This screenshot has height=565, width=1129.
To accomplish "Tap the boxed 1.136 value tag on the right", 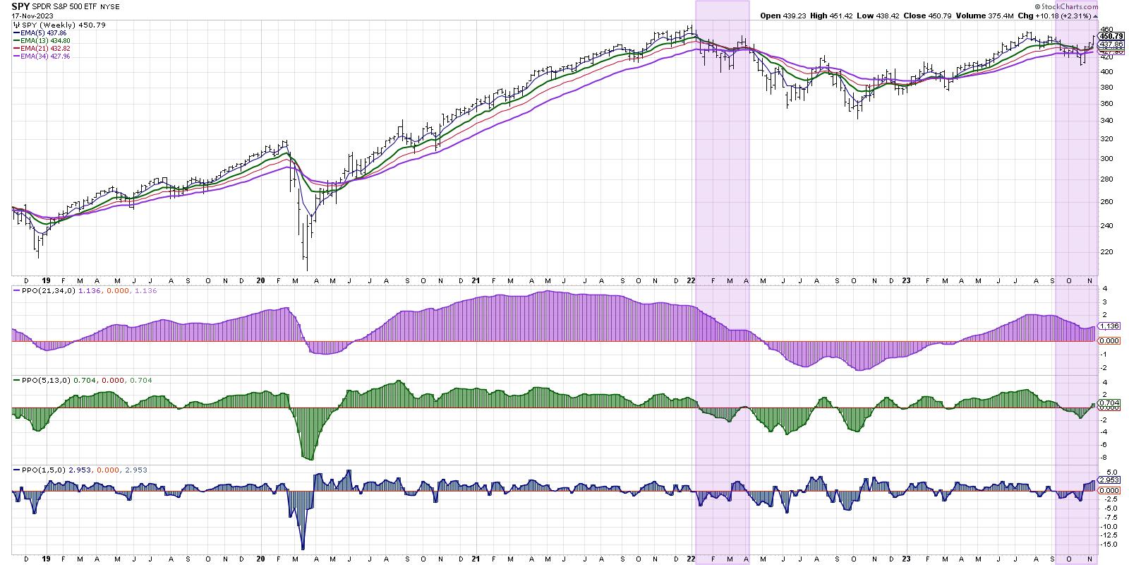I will click(x=1109, y=326).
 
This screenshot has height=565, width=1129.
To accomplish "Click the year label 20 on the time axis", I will click(x=261, y=280).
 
